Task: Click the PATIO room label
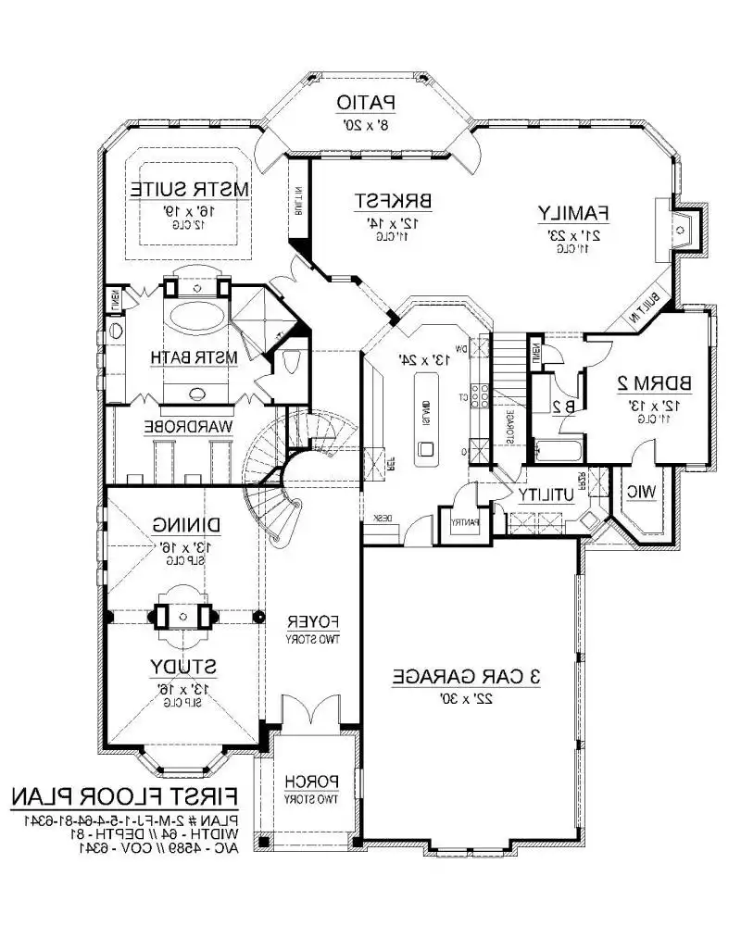pyautogui.click(x=367, y=101)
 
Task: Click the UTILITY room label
pyautogui.click(x=547, y=495)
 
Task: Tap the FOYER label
pyautogui.click(x=309, y=620)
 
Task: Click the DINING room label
pyautogui.click(x=189, y=525)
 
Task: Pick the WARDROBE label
pyautogui.click(x=186, y=426)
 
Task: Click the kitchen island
pyautogui.click(x=425, y=417)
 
